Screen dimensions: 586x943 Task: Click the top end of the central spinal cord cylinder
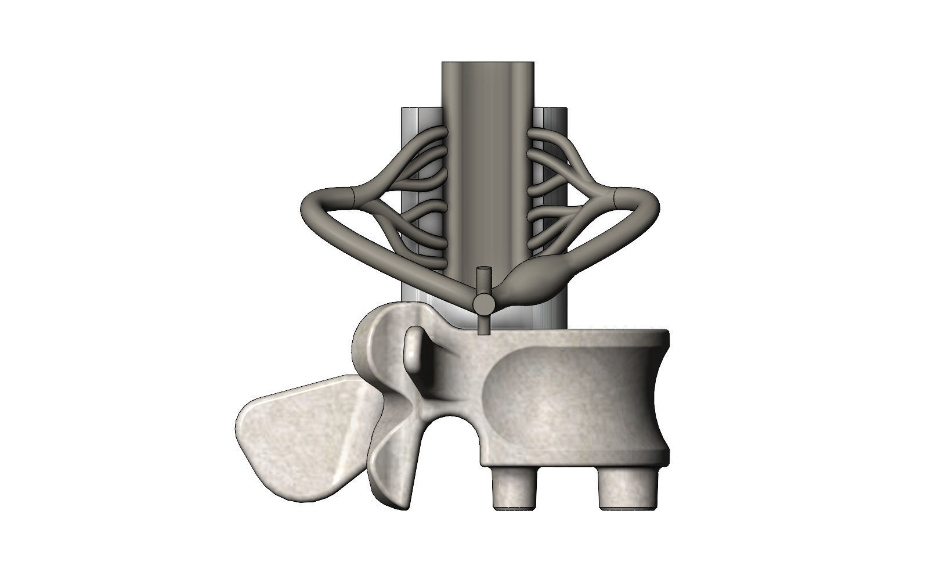pos(487,64)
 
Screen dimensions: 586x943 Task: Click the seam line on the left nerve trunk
pos(353,196)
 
